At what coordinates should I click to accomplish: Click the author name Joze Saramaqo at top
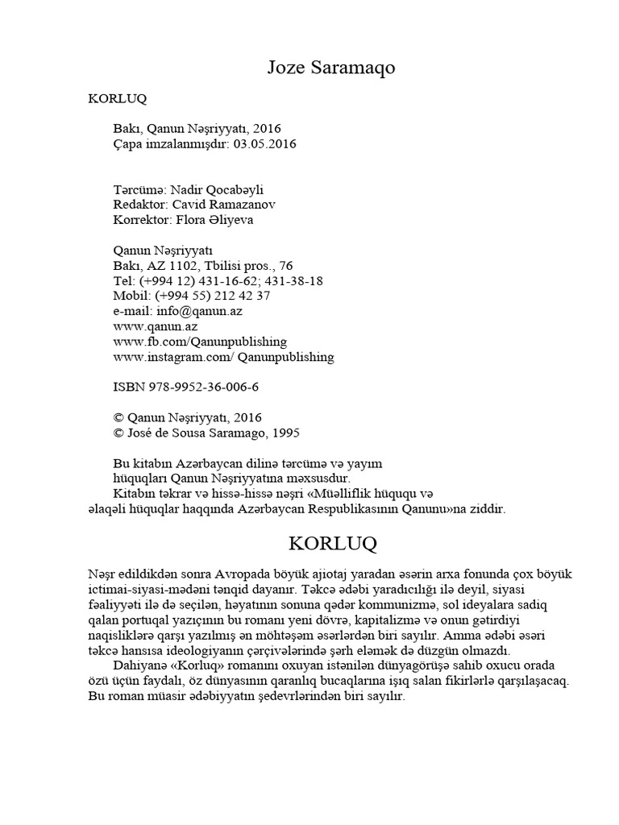(x=331, y=69)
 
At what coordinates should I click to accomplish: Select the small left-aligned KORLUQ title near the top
(x=116, y=101)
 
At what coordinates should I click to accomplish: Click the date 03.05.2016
(x=265, y=144)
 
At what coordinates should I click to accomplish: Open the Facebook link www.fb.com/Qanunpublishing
(x=189, y=342)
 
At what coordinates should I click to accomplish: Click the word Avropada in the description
(x=239, y=573)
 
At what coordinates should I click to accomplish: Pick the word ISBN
(x=127, y=388)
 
